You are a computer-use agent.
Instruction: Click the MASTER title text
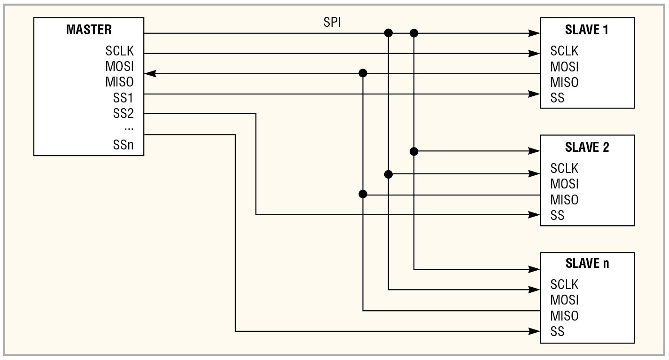point(89,30)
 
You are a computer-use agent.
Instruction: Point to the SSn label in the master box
point(123,145)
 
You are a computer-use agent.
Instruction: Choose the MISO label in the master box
point(119,82)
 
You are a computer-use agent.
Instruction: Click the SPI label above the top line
point(332,23)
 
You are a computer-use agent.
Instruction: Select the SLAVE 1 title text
point(587,30)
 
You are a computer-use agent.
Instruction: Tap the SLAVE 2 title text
point(587,147)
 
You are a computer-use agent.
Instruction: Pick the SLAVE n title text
point(587,263)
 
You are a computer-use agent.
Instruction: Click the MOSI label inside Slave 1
point(564,66)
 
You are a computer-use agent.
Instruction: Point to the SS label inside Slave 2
point(557,216)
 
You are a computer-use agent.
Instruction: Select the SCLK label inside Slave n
point(564,284)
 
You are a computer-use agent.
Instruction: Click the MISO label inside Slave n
point(564,315)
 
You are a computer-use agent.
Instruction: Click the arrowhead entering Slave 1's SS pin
point(534,94)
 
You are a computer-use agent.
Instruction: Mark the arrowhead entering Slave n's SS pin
point(534,331)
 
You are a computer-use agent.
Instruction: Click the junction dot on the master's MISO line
point(363,73)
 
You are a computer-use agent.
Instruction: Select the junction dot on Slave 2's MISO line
point(363,194)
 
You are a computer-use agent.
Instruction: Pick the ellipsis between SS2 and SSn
point(129,128)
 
